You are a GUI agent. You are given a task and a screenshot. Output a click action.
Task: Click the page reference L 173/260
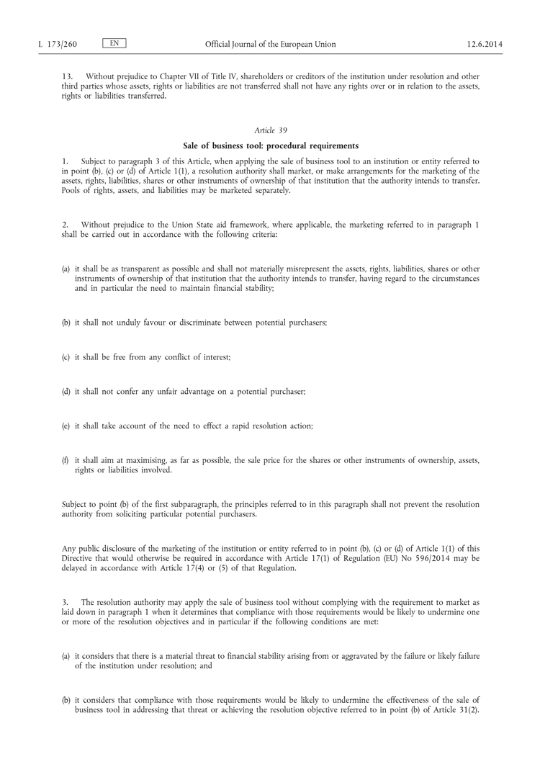click(x=57, y=45)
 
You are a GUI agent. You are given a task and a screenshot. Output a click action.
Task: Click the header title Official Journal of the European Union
click(x=270, y=45)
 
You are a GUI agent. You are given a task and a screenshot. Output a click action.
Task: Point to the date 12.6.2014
click(x=484, y=45)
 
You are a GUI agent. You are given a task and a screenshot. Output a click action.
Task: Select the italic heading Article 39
click(x=270, y=130)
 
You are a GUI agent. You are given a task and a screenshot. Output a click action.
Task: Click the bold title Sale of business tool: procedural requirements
click(x=270, y=145)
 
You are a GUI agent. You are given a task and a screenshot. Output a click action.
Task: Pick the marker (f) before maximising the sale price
click(x=66, y=459)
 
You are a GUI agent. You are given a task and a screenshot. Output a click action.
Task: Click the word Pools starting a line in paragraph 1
click(x=73, y=190)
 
